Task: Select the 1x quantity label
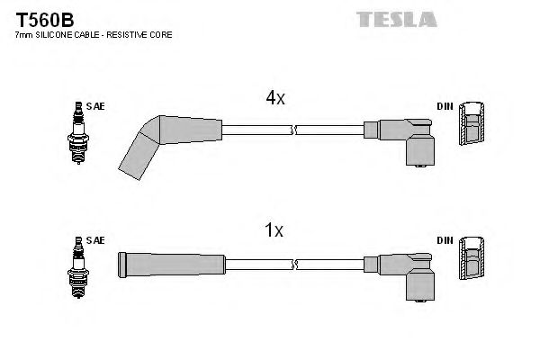(275, 231)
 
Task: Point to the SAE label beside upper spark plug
(97, 107)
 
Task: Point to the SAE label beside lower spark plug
(97, 240)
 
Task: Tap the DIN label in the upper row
(445, 107)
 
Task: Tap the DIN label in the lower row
(445, 240)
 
